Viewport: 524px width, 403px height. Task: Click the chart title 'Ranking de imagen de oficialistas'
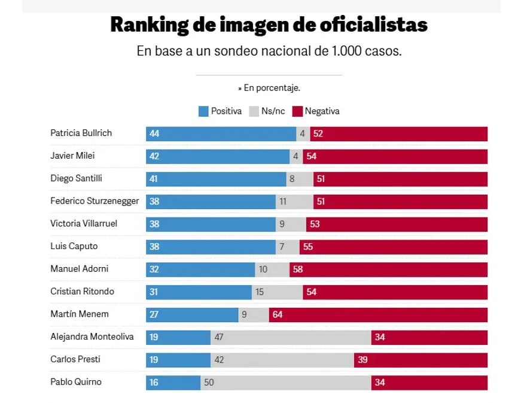[x=269, y=26]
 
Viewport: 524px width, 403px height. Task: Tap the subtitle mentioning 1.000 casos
[x=269, y=51]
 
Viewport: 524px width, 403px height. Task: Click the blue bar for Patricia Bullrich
[x=221, y=134]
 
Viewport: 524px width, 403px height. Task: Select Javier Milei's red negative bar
[x=395, y=156]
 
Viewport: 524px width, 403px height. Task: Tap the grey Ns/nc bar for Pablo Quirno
[x=285, y=383]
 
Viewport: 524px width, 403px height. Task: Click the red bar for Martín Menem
[x=378, y=314]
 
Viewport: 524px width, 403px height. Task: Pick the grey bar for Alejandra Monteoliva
[x=291, y=337]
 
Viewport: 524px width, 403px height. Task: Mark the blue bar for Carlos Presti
[x=178, y=360]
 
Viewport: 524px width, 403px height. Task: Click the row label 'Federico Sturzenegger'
[x=95, y=201]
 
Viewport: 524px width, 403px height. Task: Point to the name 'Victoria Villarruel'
[x=84, y=224]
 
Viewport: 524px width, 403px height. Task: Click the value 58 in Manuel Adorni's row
[x=298, y=269]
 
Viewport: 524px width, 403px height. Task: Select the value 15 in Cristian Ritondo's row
[x=260, y=292]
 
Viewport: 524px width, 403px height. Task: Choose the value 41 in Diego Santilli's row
[x=154, y=179]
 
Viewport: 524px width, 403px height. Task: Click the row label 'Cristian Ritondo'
[x=82, y=292]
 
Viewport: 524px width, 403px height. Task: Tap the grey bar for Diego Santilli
[x=300, y=179]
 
